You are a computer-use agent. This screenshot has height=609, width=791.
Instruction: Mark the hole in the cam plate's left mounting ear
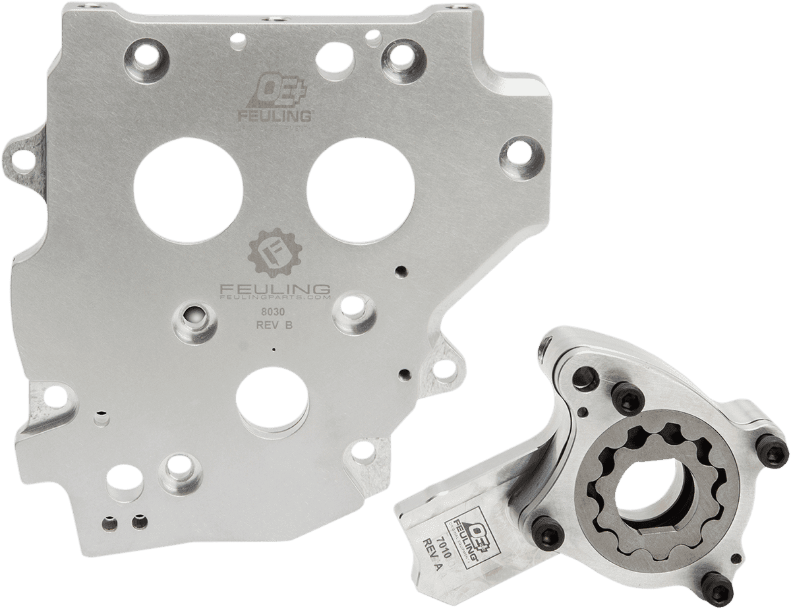(x=22, y=157)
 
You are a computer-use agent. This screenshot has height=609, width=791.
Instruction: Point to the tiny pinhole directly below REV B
(x=274, y=350)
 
